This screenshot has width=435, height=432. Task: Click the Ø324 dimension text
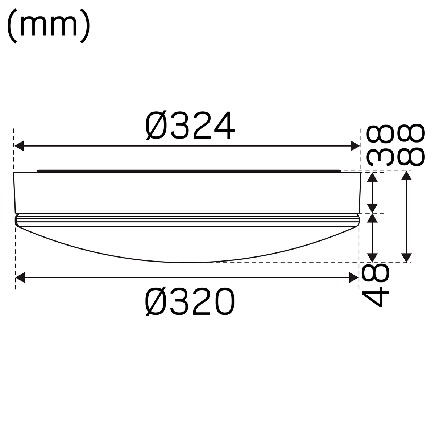190,126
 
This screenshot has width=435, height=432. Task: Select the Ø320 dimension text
190,302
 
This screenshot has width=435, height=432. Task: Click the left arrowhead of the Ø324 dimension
19,146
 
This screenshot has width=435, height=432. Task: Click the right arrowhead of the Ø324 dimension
355,146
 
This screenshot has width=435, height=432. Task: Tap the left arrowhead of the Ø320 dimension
20,277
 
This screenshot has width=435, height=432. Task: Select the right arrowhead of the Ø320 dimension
354,277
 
